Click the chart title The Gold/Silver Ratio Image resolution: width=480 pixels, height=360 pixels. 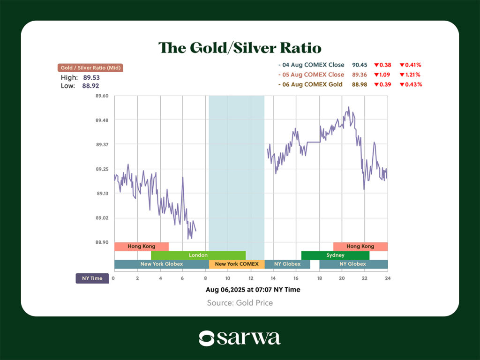pos(240,48)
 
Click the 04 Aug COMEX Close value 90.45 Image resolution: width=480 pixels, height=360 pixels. pos(359,65)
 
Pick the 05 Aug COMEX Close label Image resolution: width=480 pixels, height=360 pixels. pos(311,75)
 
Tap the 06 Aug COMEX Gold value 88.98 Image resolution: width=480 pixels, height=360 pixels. pos(359,85)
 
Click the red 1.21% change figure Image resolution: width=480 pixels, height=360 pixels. pos(411,75)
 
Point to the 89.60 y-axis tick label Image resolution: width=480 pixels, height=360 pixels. pos(102,96)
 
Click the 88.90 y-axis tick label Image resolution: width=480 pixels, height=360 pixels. pos(102,242)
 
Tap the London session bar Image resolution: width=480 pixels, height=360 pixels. pos(198,255)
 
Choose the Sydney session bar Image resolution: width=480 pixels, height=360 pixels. pos(335,255)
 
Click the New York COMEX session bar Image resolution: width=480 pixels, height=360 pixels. pos(237,264)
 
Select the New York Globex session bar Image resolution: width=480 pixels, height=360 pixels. pos(161,264)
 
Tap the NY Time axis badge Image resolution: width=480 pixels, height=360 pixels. pos(92,278)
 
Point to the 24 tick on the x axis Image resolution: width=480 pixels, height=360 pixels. pos(388,278)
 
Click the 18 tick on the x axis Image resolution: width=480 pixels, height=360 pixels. pos(319,278)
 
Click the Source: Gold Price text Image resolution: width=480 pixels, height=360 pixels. pos(240,303)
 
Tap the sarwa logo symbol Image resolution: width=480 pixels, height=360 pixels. pos(207,338)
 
